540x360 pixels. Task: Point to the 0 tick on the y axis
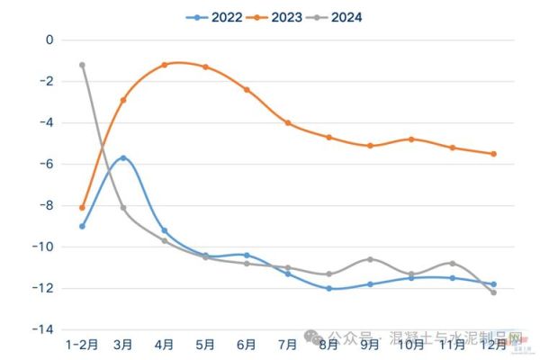point(50,40)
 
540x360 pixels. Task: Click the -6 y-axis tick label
point(47,164)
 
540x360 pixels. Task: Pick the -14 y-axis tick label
point(44,329)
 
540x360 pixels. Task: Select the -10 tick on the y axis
point(44,247)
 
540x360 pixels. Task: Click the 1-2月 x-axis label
point(82,344)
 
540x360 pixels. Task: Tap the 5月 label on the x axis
point(205,344)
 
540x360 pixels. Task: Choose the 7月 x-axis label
point(288,344)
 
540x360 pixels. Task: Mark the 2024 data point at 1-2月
point(82,65)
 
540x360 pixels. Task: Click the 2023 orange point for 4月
point(165,65)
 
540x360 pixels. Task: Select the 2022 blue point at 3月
point(123,157)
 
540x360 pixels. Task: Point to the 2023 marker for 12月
point(493,154)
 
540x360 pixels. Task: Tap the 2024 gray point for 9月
point(370,259)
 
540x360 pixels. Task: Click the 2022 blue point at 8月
point(328,288)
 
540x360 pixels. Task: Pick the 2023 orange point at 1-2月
point(82,208)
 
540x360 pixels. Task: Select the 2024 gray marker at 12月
point(493,292)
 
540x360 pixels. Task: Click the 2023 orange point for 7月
point(288,122)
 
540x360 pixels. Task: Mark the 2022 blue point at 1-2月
point(82,226)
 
